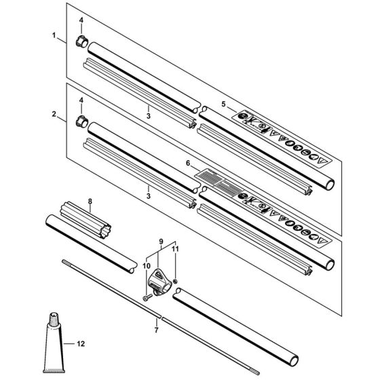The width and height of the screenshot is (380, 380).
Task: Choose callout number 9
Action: (x=161, y=241)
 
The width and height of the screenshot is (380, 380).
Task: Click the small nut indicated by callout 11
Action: (x=176, y=280)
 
